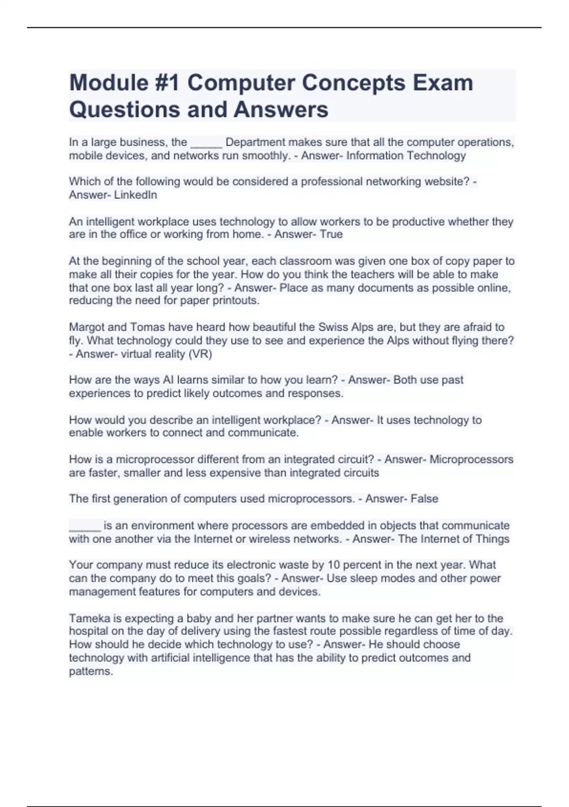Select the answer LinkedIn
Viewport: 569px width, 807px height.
[x=136, y=195]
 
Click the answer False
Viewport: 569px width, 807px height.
[x=424, y=499]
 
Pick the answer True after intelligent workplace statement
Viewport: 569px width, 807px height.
[x=331, y=235]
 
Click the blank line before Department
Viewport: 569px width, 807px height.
[x=206, y=143]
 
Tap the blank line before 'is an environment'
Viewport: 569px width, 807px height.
[x=85, y=527]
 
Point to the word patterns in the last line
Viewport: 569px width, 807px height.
[x=91, y=672]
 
